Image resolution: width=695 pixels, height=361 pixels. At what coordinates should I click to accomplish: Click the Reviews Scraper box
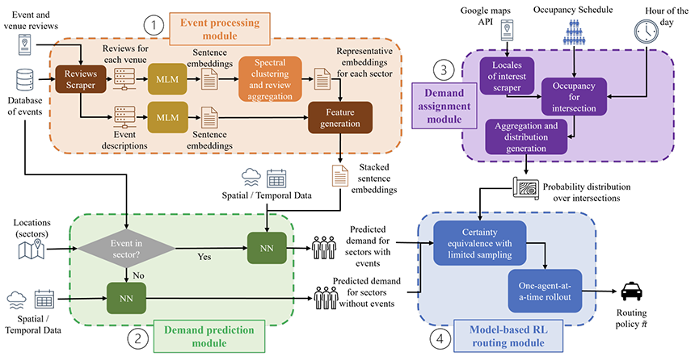81,79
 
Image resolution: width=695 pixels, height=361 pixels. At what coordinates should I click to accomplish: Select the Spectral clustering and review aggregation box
270,79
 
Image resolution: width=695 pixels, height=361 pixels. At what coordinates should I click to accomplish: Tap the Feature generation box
340,118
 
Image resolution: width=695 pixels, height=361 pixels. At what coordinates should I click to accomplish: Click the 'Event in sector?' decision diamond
126,249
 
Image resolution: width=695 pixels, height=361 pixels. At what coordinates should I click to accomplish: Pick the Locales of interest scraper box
507,76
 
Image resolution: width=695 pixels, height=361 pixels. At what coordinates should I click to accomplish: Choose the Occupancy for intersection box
574,97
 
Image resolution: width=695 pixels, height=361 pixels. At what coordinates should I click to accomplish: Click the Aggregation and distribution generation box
526,136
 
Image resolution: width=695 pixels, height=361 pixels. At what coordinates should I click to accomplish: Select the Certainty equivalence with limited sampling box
479,243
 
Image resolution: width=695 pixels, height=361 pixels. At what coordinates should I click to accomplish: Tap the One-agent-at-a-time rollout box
545,291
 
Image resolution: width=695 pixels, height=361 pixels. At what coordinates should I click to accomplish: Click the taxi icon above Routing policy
631,292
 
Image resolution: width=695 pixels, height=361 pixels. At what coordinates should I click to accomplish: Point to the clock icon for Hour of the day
647,31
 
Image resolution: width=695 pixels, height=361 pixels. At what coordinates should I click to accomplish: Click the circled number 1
154,25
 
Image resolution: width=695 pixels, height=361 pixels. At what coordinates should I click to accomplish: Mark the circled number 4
440,339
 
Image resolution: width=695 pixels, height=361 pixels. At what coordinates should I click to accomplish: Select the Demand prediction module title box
209,336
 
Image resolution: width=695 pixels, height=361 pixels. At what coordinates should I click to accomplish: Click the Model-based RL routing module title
508,336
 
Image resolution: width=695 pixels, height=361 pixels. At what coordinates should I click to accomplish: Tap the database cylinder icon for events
25,80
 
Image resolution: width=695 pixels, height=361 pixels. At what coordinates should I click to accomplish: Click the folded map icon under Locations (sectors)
32,249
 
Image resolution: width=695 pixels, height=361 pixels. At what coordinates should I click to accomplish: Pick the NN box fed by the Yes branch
267,248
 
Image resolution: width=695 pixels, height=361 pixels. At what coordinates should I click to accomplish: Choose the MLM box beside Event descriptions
167,117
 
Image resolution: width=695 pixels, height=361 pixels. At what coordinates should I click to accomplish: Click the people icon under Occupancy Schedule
574,31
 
